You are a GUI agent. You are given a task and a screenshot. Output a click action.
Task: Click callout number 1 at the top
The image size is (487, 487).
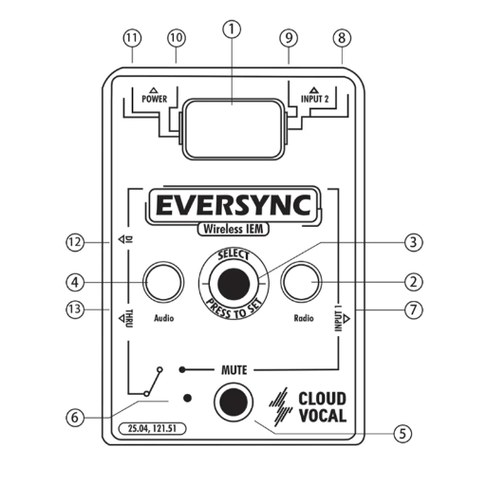point(232,29)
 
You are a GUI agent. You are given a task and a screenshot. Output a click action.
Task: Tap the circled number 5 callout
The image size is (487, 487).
point(403,433)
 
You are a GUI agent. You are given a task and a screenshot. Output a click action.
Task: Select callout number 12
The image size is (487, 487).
point(75,242)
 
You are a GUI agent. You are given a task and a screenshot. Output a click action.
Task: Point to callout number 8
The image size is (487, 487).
point(342,38)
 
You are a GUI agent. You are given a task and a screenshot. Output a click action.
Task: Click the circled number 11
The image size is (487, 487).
point(132,38)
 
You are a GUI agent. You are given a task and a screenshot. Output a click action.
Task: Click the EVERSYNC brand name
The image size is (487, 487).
point(234,205)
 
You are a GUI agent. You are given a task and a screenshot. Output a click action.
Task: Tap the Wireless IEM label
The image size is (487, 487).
point(234,229)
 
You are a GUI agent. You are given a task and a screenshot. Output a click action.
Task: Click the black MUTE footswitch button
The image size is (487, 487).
point(234,403)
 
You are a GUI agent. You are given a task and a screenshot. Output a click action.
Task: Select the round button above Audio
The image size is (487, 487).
point(163,282)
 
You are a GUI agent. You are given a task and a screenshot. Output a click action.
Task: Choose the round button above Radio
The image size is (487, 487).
point(301,282)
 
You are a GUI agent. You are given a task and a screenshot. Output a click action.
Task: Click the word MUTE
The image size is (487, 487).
point(234,370)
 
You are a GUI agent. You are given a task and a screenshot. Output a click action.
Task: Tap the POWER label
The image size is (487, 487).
point(154,99)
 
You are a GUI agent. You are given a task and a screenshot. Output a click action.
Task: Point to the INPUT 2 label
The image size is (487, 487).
point(314,99)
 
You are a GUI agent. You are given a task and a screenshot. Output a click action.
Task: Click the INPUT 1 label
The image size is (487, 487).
point(339,321)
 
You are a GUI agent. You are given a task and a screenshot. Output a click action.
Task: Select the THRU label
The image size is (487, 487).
point(129,318)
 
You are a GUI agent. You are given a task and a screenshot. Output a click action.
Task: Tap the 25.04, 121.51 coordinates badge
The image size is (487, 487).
point(152,428)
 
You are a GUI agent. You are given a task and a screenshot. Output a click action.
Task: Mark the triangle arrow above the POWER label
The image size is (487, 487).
point(154,90)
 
